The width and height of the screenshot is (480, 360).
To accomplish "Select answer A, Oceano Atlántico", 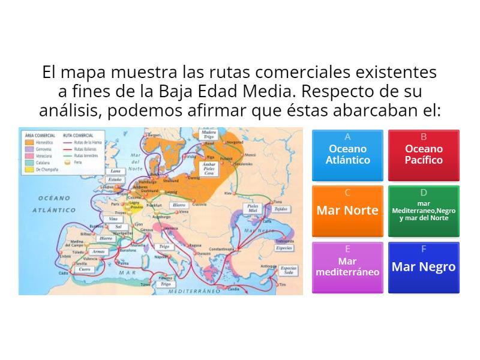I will [348, 155].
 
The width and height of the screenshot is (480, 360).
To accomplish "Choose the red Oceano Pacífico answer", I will [424, 155].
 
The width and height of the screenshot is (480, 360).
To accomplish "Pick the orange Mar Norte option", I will [348, 211].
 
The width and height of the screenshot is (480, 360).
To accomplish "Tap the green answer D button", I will [424, 211].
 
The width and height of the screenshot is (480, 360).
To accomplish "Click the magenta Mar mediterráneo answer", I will [348, 267].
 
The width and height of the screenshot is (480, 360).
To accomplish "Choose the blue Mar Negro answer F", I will [424, 267].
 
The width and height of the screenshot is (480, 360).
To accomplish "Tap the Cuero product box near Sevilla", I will [85, 270].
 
